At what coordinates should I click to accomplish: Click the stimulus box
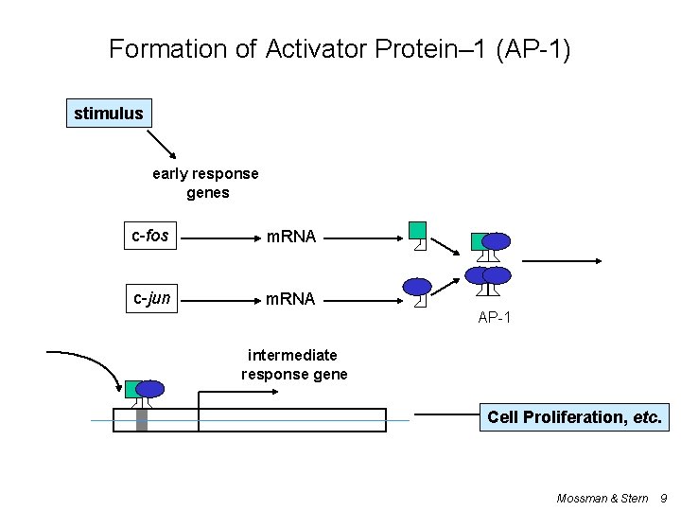[109, 115]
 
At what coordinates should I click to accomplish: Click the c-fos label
[150, 235]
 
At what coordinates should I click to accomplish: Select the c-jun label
[151, 299]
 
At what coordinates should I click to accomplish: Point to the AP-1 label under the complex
[495, 318]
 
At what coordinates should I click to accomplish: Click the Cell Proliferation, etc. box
[574, 416]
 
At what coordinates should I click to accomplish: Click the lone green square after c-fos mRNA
[417, 230]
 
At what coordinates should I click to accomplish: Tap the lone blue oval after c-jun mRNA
[417, 287]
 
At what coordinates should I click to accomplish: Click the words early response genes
[205, 183]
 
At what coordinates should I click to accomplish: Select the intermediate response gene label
[293, 364]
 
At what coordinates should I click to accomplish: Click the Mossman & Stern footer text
[602, 498]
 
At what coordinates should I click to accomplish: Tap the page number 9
[663, 498]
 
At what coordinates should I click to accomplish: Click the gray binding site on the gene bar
[142, 417]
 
